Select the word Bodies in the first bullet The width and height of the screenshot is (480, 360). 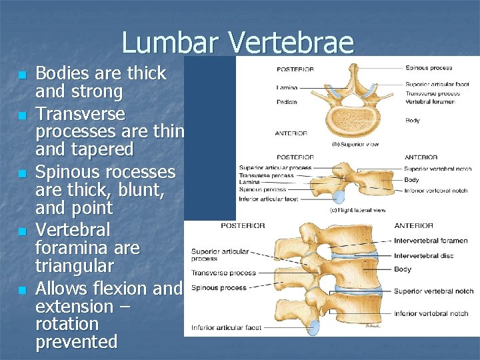63,73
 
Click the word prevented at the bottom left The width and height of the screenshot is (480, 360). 76,342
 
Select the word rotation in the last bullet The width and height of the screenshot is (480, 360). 66,324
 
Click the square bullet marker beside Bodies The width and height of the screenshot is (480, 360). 22,74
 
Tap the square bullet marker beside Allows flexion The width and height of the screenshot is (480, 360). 22,290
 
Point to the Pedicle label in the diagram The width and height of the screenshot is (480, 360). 287,102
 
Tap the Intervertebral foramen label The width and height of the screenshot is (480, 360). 430,241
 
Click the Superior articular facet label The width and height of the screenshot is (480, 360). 437,85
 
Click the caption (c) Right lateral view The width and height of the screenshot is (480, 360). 358,211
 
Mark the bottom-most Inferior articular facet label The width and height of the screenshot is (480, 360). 226,327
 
